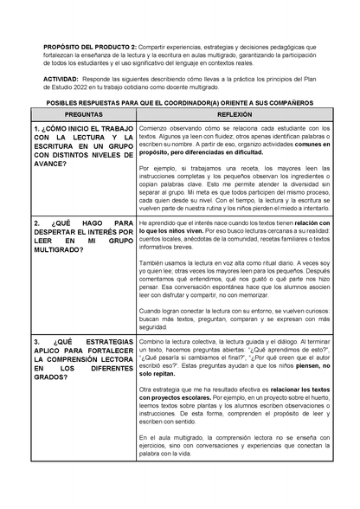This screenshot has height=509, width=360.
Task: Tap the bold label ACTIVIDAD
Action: pos(61,78)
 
